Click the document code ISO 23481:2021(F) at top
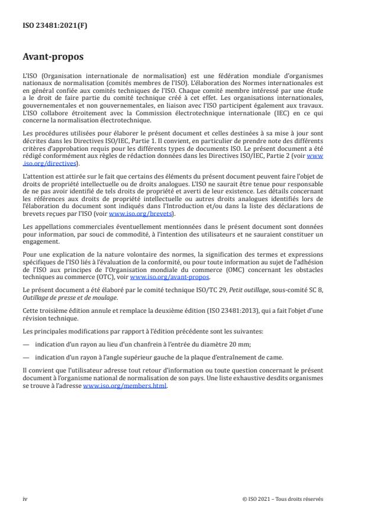click(49, 25)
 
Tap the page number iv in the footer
click(25, 498)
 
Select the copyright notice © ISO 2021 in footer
click(283, 498)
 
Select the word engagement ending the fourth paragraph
click(41, 241)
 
